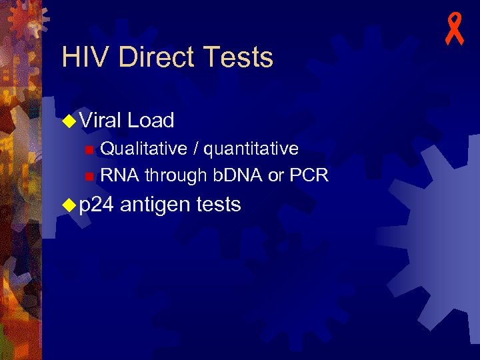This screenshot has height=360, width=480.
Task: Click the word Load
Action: pyautogui.click(x=151, y=120)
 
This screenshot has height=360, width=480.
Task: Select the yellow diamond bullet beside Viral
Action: pyautogui.click(x=69, y=121)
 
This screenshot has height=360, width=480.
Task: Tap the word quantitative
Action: pyautogui.click(x=251, y=147)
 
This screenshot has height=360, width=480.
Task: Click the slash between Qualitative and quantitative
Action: pyautogui.click(x=195, y=147)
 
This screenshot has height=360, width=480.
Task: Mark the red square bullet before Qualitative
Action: pyautogui.click(x=89, y=149)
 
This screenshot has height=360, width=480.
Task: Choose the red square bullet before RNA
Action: pyautogui.click(x=89, y=177)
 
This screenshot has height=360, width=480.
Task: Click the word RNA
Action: pyautogui.click(x=119, y=175)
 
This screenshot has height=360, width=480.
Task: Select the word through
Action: pyautogui.click(x=175, y=175)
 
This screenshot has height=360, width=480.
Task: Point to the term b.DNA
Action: pyautogui.click(x=237, y=175)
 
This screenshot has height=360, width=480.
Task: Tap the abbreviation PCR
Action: pyautogui.click(x=309, y=175)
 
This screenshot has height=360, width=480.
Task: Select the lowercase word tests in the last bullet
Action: pyautogui.click(x=219, y=205)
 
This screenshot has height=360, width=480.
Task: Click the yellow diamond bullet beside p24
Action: pyautogui.click(x=69, y=205)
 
